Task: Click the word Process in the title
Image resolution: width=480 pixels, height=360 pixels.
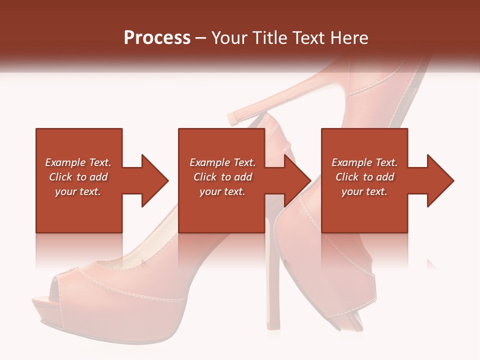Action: [x=157, y=38]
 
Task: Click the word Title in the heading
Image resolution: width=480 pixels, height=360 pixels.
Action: [x=270, y=38]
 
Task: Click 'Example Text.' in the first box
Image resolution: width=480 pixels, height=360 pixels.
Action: [x=78, y=162]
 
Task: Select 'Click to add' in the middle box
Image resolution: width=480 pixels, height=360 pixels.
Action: [x=222, y=177]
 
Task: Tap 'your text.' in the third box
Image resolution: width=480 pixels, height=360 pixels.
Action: [x=364, y=191]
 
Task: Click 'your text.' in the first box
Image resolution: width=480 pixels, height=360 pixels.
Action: [x=78, y=191]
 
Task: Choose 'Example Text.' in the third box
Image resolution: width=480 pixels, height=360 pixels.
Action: [x=364, y=162]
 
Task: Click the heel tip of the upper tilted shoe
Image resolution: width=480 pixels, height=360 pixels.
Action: [x=233, y=118]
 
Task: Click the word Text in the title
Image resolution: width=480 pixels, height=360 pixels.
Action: [x=310, y=38]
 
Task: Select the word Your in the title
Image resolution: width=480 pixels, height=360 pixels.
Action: [x=228, y=38]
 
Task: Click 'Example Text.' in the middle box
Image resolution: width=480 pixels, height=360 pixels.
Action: [x=222, y=162]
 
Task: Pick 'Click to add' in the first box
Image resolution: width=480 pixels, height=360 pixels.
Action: [x=78, y=177]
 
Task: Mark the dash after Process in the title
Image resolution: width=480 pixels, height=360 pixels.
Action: [x=200, y=38]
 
